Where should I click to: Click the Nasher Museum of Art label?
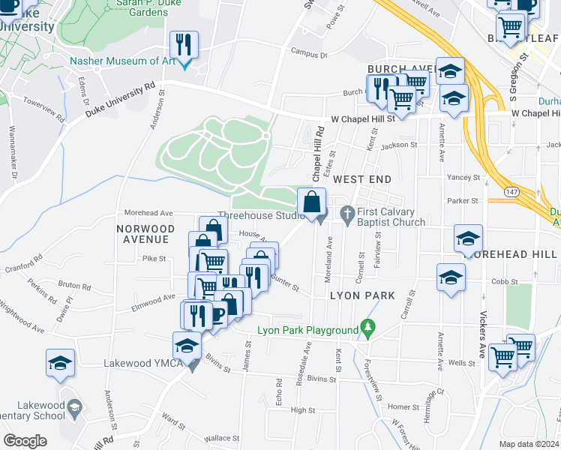(121, 61)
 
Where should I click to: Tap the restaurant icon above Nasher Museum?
(183, 45)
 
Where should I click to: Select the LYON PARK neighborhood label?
(362, 296)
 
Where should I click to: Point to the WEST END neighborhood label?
(362, 179)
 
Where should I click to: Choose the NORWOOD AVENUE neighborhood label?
(145, 234)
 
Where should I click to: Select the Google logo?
(25, 440)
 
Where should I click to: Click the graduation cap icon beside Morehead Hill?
(469, 240)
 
